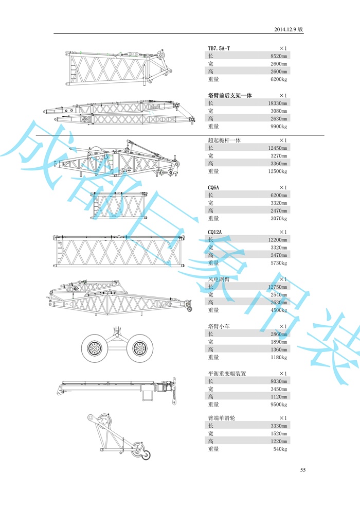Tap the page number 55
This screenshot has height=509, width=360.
tap(303, 470)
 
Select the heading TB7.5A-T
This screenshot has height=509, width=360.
tap(219, 48)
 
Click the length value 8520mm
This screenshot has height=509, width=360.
tap(278, 56)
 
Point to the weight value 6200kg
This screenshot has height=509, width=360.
tap(278, 79)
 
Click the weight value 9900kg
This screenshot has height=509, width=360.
tap(278, 126)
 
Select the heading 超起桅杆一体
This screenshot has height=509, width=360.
tap(224, 140)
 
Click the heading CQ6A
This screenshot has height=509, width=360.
tap(213, 187)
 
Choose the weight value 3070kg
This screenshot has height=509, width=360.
tap(278, 218)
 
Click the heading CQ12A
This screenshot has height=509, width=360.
tap(215, 232)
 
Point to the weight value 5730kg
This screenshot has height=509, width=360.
tap(278, 263)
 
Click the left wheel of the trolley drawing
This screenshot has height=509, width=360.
tap(95, 349)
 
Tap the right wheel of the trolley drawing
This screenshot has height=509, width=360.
tap(139, 349)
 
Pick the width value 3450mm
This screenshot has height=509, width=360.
tap(278, 389)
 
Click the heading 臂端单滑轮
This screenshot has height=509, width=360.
tap(221, 418)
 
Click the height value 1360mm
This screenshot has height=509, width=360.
tap(278, 349)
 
